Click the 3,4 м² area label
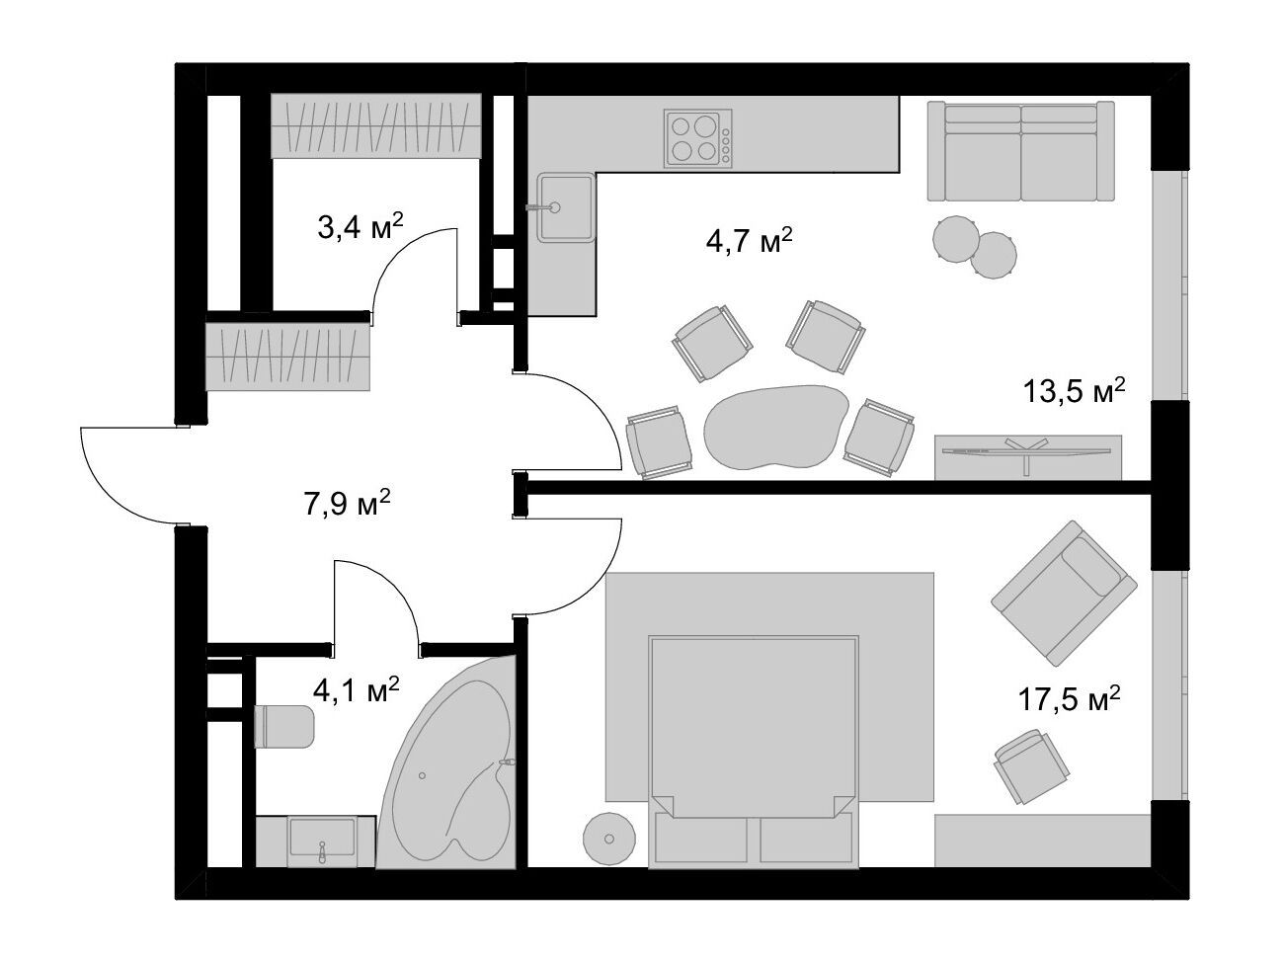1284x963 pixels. pyautogui.click(x=361, y=226)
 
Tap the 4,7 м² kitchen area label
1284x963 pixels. pyautogui.click(x=749, y=240)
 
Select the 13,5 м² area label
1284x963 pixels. pyautogui.click(x=1074, y=390)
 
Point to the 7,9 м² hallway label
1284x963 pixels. pyautogui.click(x=347, y=503)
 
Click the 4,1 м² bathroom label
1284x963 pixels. pyautogui.click(x=357, y=690)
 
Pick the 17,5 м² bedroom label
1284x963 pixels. pyautogui.click(x=1070, y=698)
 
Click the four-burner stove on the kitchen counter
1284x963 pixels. pyautogui.click(x=698, y=138)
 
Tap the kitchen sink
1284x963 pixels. pyautogui.click(x=566, y=207)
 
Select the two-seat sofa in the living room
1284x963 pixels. pyautogui.click(x=1020, y=151)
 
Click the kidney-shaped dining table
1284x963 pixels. pyautogui.click(x=776, y=428)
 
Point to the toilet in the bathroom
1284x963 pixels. pyautogui.click(x=284, y=726)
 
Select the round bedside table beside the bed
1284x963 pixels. pyautogui.click(x=609, y=839)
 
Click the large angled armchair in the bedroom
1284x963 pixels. pyautogui.click(x=1064, y=593)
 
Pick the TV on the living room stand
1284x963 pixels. pyautogui.click(x=1026, y=453)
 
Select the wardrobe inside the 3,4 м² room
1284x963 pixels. pyautogui.click(x=376, y=125)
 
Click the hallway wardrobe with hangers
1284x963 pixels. pyautogui.click(x=288, y=358)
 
